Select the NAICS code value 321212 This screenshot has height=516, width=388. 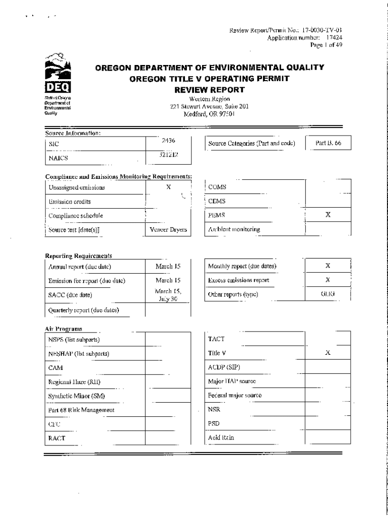(x=168, y=156)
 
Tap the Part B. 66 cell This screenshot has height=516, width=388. (x=328, y=143)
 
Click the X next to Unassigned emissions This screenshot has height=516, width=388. (x=168, y=186)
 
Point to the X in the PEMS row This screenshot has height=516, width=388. (x=328, y=214)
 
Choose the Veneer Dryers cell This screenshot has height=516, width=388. (x=168, y=230)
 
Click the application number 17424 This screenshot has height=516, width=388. (x=334, y=37)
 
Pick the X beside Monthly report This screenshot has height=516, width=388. (x=328, y=266)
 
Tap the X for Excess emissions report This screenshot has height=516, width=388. (x=328, y=280)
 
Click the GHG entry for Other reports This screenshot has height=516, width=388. (x=328, y=294)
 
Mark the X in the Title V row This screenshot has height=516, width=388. (x=328, y=353)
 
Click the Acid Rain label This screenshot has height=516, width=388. (x=221, y=438)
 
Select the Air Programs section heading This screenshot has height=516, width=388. (x=63, y=329)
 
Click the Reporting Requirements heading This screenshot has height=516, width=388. (x=79, y=255)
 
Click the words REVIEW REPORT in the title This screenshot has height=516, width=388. (x=209, y=90)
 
